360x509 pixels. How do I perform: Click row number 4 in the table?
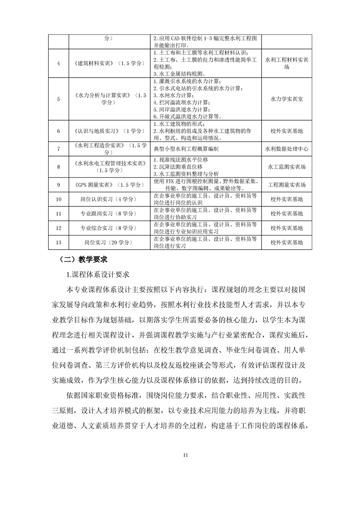click(x=59, y=63)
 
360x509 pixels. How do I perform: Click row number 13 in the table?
click(x=59, y=242)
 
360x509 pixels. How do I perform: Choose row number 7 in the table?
click(x=59, y=148)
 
